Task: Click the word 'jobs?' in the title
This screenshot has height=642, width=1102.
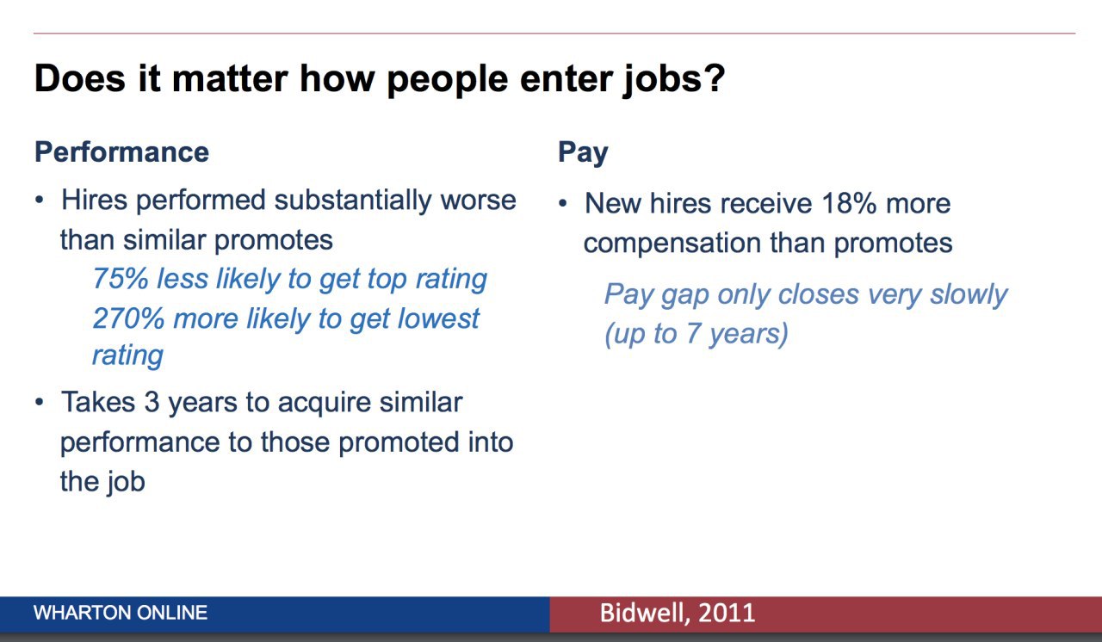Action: point(673,80)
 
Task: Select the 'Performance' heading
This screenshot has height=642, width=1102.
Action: point(122,151)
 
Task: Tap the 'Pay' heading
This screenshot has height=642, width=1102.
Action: point(583,153)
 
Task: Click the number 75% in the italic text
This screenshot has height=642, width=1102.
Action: point(121,278)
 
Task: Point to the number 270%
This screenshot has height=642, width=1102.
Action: point(128,318)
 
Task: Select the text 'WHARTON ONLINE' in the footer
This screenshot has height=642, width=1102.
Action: point(121,613)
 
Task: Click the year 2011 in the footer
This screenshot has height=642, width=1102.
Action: point(727,613)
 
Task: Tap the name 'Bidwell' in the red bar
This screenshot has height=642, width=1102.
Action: point(646,613)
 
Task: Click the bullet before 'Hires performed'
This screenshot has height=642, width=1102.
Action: point(40,201)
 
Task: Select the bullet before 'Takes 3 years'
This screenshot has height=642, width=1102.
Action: point(40,403)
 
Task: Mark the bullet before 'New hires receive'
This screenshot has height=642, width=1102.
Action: point(563,203)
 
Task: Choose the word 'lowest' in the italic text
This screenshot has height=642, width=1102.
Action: point(438,318)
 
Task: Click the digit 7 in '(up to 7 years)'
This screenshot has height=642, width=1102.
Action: point(693,333)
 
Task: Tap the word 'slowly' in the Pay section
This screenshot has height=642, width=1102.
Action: point(969,295)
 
